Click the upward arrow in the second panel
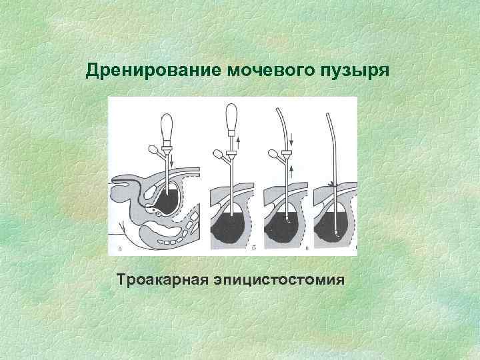coord(238,141)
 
